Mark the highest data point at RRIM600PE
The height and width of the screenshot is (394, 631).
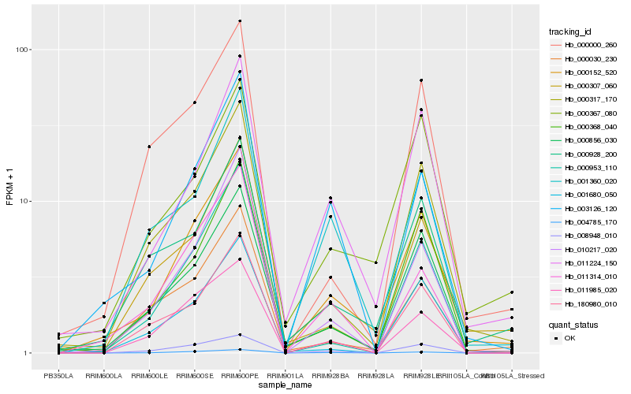tap(240, 21)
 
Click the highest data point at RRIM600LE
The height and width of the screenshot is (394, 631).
tap(149, 147)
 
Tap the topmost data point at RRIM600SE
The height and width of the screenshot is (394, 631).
tap(194, 102)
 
